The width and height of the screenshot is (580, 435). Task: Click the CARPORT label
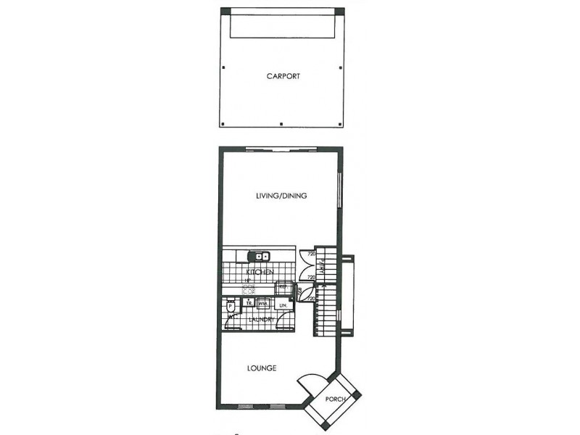coord(283,76)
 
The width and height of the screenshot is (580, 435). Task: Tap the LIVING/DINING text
coord(282,196)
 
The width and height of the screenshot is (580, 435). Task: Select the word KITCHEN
coord(259,272)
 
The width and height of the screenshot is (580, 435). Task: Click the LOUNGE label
coord(261,368)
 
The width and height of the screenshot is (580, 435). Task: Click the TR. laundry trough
coord(249,304)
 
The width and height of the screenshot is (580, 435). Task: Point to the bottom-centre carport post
coord(281,124)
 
